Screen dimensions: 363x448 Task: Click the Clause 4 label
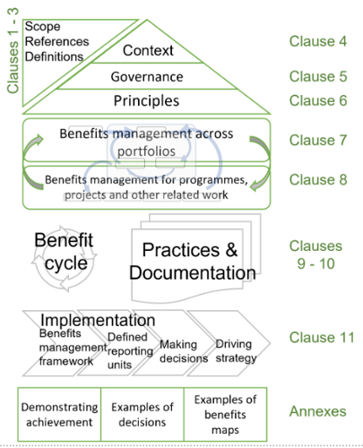click(x=318, y=41)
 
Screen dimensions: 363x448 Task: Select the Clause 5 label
click(x=318, y=76)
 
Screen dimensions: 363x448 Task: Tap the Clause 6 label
click(x=318, y=100)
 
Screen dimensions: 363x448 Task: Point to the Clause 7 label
click(x=318, y=140)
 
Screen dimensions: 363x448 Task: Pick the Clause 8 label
click(x=318, y=180)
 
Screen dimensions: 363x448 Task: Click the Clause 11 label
click(x=322, y=338)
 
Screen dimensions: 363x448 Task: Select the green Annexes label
click(x=317, y=411)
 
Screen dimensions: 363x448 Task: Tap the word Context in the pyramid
click(x=148, y=50)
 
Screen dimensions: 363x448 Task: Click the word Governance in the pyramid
click(x=147, y=77)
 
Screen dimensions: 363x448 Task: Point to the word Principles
click(x=146, y=101)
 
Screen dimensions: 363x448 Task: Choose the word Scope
click(x=42, y=27)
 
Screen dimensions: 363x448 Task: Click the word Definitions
click(x=54, y=56)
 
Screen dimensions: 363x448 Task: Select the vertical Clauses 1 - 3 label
click(x=13, y=51)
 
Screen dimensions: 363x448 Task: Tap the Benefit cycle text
click(x=64, y=252)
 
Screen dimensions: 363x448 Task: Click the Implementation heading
click(x=98, y=320)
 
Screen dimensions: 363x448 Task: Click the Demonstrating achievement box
click(x=59, y=415)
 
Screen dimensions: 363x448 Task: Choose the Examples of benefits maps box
click(x=225, y=415)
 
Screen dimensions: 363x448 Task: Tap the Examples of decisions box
click(x=143, y=415)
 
